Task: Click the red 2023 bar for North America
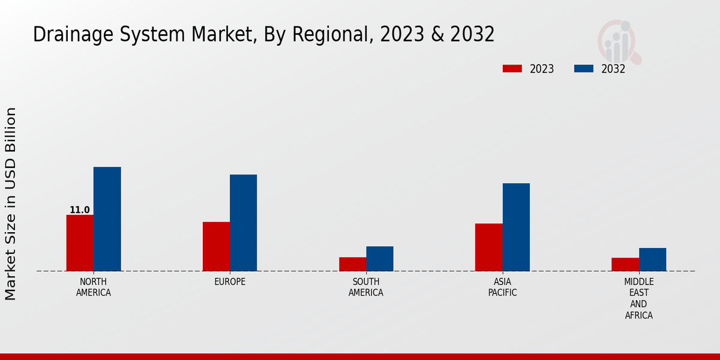[80, 243]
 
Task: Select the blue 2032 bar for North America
[107, 219]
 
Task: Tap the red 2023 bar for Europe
[216, 247]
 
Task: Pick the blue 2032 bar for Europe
[243, 223]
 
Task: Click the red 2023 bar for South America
[352, 264]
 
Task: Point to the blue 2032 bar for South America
[380, 259]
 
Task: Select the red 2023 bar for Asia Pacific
[489, 247]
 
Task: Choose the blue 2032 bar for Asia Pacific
[516, 227]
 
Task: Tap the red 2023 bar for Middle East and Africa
[625, 265]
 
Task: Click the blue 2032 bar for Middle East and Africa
[652, 259]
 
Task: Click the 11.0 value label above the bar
[80, 210]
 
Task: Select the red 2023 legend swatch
[512, 68]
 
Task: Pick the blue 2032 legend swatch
[584, 68]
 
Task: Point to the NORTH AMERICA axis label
[94, 287]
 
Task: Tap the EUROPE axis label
[230, 282]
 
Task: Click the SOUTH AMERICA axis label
[366, 287]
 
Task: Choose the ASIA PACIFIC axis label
[502, 287]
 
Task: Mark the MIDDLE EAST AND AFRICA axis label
[638, 298]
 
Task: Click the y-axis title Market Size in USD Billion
[11, 204]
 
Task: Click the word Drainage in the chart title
[65, 35]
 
